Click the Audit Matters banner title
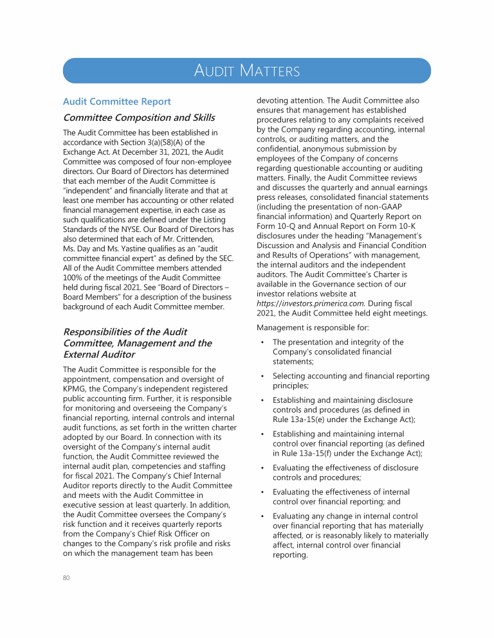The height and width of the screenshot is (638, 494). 247,71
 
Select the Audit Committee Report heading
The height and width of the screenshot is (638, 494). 116,102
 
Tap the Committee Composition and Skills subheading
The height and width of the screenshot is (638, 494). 138,118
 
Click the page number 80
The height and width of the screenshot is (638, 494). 66,578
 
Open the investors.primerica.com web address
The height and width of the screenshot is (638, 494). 302,303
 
